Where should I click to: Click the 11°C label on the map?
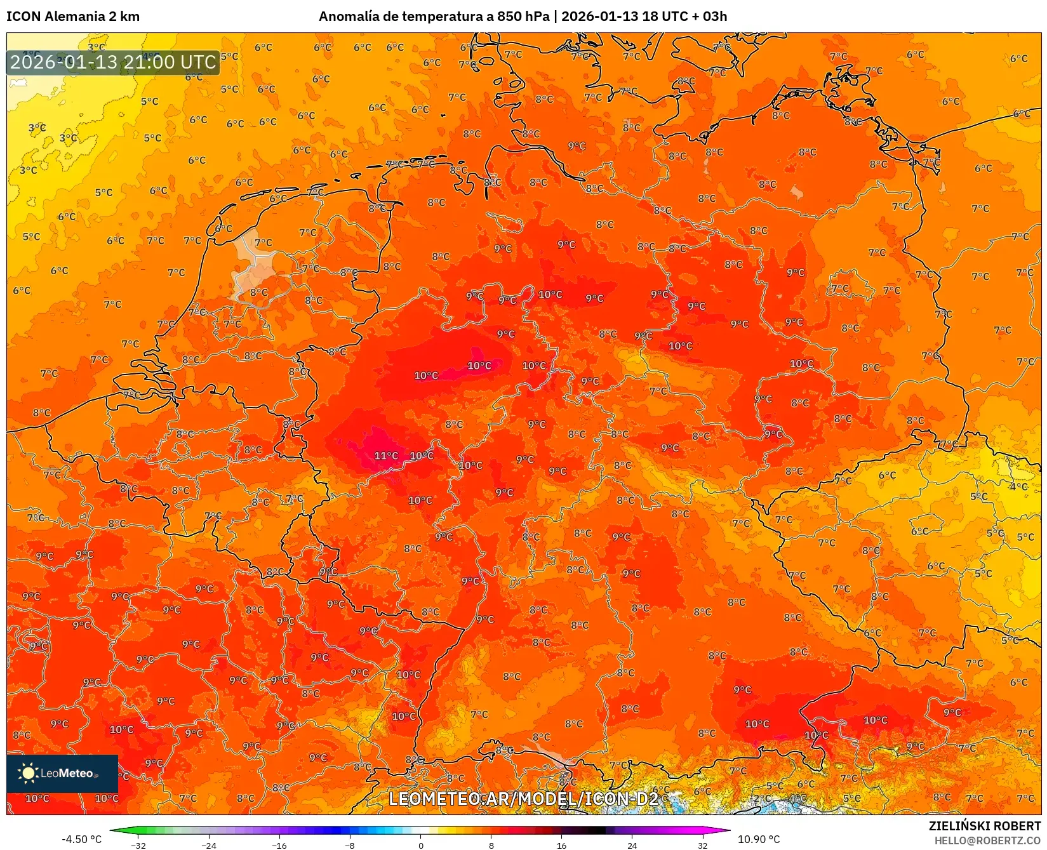click(x=386, y=456)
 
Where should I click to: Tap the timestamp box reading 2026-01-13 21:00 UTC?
click(x=113, y=63)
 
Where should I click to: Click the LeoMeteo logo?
click(x=62, y=773)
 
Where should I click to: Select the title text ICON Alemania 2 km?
click(x=73, y=17)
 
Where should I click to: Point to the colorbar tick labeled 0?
click(x=420, y=845)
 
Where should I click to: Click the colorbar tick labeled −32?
click(x=138, y=845)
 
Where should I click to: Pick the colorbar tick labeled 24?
click(x=632, y=845)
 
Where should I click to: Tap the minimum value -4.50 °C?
click(x=81, y=839)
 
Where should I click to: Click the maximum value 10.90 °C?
click(x=759, y=839)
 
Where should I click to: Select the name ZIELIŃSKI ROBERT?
click(x=985, y=827)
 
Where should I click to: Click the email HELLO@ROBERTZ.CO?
click(x=987, y=840)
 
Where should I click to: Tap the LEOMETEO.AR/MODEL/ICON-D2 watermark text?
click(x=523, y=799)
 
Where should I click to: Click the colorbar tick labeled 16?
click(x=561, y=845)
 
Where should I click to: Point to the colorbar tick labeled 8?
click(x=491, y=845)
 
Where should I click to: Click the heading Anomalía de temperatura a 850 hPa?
click(x=434, y=17)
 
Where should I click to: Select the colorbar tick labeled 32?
click(x=702, y=845)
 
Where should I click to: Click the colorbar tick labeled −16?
click(x=279, y=845)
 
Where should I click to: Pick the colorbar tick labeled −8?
click(x=350, y=845)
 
